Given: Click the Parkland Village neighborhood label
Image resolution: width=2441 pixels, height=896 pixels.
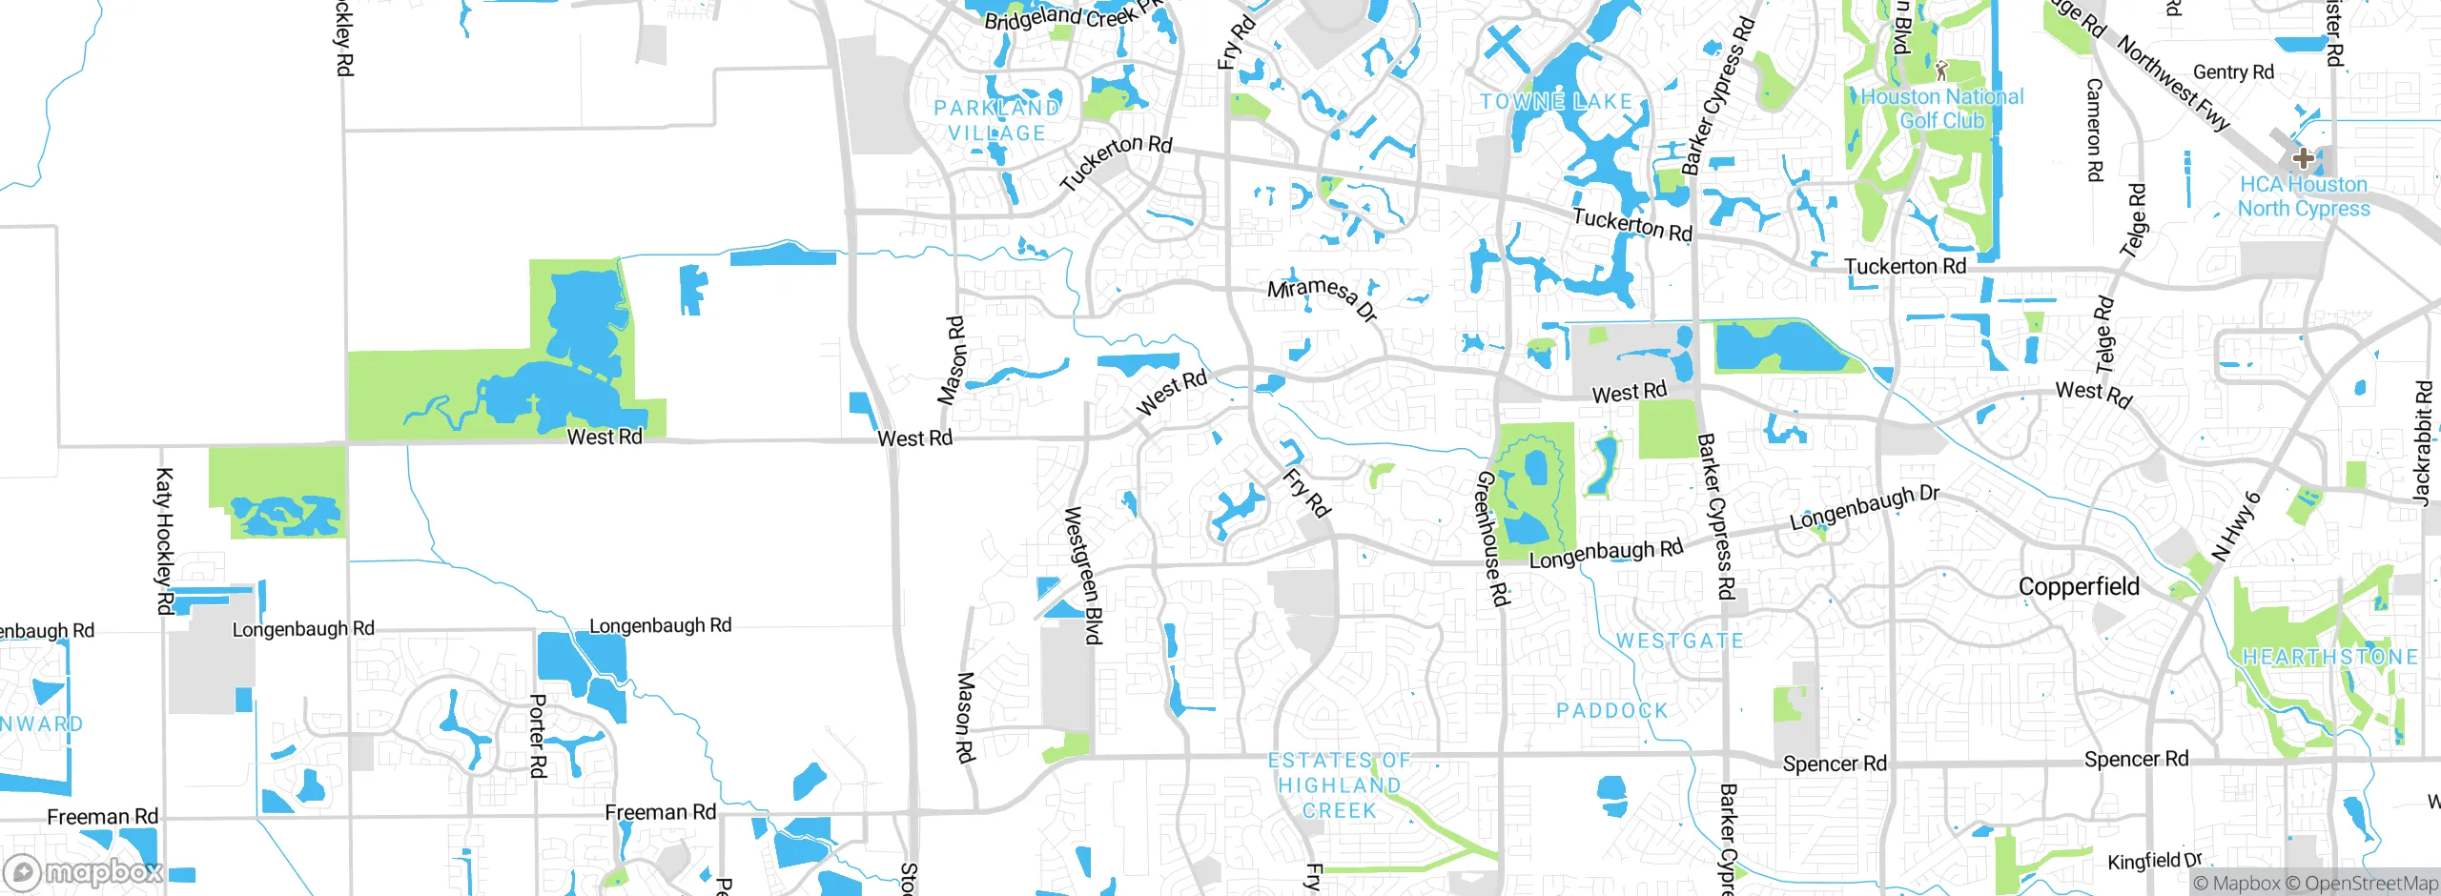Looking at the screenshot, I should [x=996, y=121].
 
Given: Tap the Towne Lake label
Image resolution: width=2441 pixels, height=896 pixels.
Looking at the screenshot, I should [x=1556, y=101].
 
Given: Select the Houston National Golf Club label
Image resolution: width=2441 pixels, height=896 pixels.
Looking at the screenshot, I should [x=1942, y=109].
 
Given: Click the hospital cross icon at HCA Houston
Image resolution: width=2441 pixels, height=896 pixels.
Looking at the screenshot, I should [x=2303, y=158].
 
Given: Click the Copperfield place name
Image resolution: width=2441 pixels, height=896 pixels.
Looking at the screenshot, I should [x=2079, y=586].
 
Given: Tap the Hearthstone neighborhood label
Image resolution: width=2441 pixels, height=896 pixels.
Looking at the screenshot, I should [x=2329, y=657].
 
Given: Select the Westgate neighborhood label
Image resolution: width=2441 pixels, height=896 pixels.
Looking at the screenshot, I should [x=1679, y=641].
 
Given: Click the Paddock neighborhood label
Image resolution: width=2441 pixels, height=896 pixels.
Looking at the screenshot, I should [x=1612, y=710].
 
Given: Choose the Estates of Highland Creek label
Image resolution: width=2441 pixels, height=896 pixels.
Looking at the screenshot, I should [x=1340, y=785].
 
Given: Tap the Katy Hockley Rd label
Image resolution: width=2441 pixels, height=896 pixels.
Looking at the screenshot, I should [x=163, y=540].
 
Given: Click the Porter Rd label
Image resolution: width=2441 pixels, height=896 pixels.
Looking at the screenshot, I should [x=537, y=735].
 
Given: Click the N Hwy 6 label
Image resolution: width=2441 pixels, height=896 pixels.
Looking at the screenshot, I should [x=2236, y=526].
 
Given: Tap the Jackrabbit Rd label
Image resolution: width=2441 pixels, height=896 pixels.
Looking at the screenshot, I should [x=2423, y=442].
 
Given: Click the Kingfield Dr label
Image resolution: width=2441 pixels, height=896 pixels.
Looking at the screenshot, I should [x=2154, y=862].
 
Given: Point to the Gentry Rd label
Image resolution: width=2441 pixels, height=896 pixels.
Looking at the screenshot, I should [x=2233, y=72].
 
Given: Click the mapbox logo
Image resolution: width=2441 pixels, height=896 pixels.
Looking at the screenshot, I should [x=84, y=872].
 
